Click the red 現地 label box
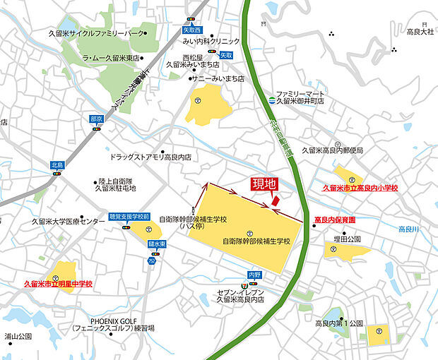pyautogui.click(x=264, y=184)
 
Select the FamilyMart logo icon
pyautogui.click(x=271, y=99)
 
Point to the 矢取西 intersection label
pyautogui.click(x=192, y=30)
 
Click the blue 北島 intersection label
pyautogui.click(x=57, y=164)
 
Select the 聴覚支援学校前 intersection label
pyautogui.click(x=129, y=217)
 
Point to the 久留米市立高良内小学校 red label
pyautogui.click(x=360, y=188)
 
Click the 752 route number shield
pyautogui.click(x=152, y=260)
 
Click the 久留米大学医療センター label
pyautogui.click(x=68, y=222)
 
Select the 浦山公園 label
pyautogui.click(x=19, y=337)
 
